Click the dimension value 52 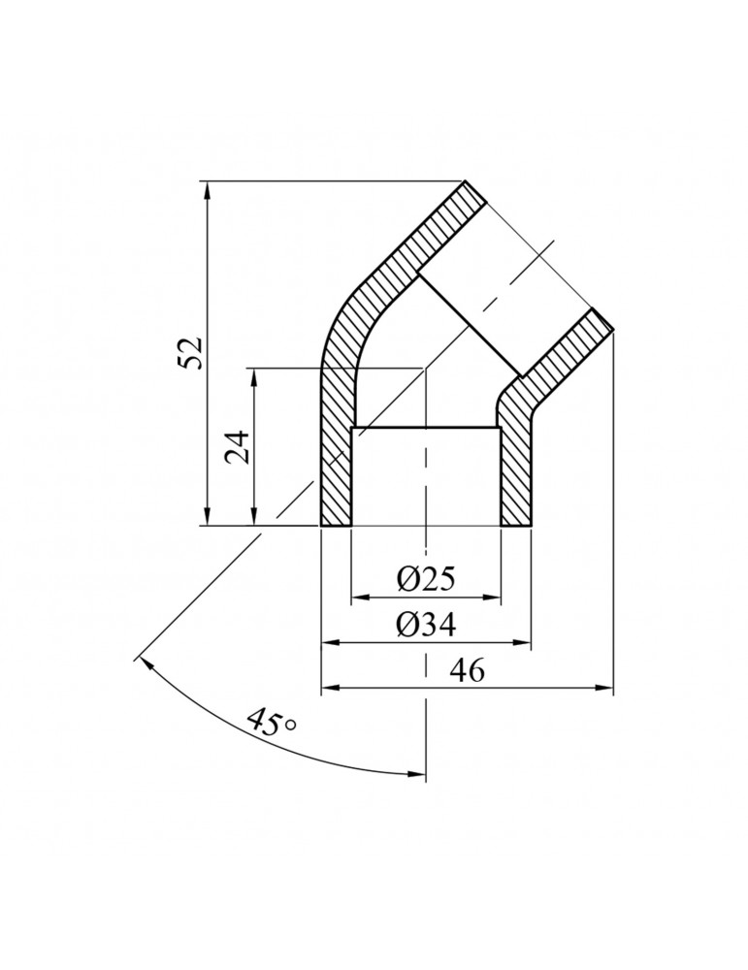coord(191,352)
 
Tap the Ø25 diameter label coord(426,580)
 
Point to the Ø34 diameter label coord(426,626)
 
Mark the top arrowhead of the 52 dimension coord(208,188)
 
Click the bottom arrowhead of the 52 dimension coord(208,518)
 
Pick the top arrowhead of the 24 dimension coord(254,375)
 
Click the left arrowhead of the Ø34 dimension coord(329,642)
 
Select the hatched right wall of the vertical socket coord(516,475)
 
